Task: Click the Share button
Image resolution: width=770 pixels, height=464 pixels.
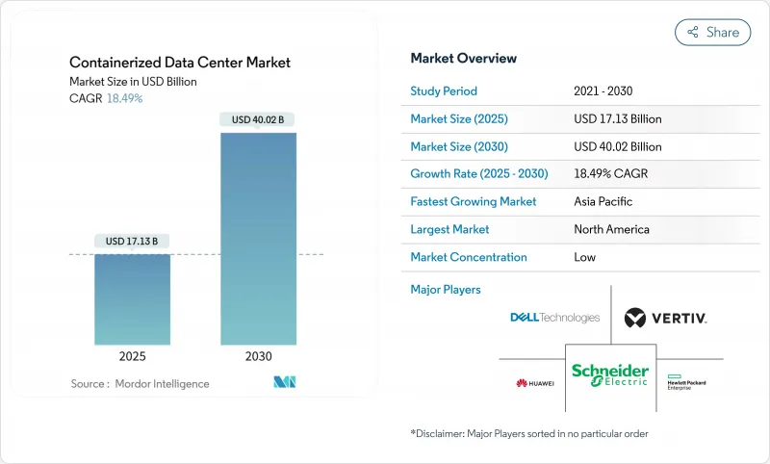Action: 713,32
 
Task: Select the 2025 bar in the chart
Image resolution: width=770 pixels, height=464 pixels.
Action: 133,303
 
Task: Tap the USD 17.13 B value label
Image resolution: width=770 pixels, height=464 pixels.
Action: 133,241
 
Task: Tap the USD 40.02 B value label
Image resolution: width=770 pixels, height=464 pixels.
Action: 258,120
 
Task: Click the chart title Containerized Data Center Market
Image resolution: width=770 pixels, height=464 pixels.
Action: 180,63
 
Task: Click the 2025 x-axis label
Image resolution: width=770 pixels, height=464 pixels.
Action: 133,356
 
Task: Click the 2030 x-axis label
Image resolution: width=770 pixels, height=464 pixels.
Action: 258,356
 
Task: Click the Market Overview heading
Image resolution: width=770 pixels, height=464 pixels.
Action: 464,59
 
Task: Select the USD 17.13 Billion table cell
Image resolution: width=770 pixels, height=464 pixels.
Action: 617,119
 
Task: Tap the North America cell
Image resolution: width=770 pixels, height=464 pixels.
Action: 611,229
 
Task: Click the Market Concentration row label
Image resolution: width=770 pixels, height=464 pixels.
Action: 469,257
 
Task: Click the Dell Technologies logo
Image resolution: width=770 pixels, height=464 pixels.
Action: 555,318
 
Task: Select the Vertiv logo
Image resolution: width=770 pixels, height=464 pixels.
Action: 665,318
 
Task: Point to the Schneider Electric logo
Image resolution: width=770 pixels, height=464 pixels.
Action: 610,374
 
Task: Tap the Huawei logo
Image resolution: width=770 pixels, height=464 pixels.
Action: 535,383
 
